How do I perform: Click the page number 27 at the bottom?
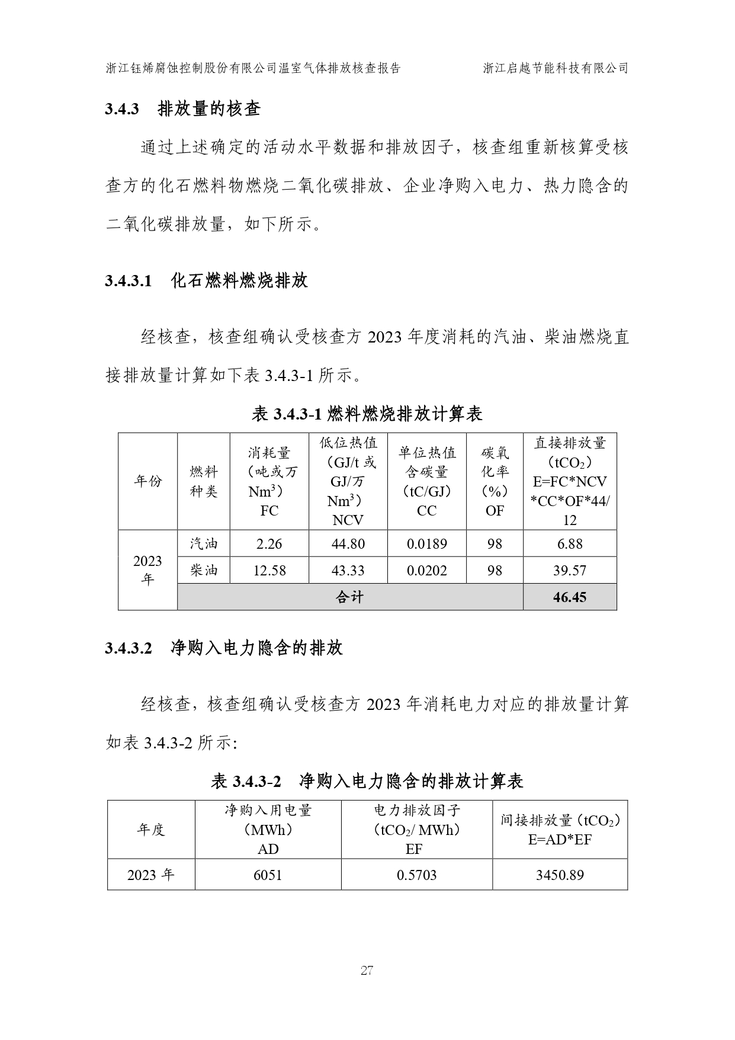click(367, 971)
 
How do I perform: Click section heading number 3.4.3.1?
click(129, 281)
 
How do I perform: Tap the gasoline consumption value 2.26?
click(269, 543)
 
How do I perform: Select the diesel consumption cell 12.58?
click(269, 571)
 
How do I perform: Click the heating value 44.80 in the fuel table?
click(348, 543)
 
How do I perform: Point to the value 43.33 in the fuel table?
click(348, 571)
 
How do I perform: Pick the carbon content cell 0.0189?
click(426, 543)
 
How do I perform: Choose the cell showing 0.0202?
click(426, 571)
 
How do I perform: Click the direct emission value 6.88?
click(569, 543)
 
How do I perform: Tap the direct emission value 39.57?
click(569, 571)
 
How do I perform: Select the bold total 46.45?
click(569, 597)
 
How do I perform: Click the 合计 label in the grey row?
click(349, 597)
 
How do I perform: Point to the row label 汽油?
click(204, 543)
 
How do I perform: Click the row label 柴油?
click(204, 571)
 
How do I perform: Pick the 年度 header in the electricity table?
click(151, 830)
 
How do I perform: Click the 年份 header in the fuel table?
click(147, 481)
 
